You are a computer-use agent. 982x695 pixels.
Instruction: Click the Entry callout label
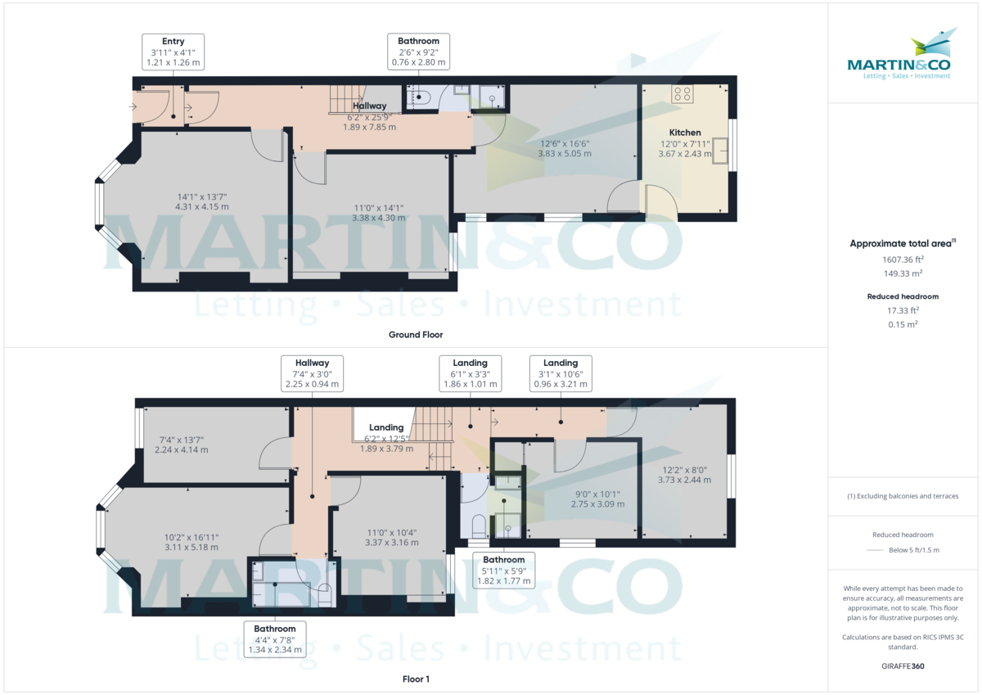(173, 52)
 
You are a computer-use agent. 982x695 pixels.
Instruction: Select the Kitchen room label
(685, 133)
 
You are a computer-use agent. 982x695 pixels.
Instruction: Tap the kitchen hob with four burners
(682, 94)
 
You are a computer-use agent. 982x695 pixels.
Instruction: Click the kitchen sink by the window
(719, 151)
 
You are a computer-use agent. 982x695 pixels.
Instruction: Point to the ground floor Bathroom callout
(418, 52)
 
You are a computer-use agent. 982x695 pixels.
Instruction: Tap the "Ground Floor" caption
(416, 335)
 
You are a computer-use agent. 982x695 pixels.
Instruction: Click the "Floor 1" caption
(416, 679)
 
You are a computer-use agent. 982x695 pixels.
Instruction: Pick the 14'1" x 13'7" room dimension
(201, 201)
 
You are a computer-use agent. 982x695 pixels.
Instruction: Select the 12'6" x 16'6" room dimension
(564, 148)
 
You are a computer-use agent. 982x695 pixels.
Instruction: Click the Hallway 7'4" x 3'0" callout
(312, 373)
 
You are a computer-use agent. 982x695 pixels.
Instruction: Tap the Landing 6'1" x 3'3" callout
(470, 373)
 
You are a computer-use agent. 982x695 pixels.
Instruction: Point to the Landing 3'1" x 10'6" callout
(561, 373)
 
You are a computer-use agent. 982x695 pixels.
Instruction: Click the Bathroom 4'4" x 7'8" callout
(274, 639)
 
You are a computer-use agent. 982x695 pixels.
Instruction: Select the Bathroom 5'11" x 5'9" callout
(503, 571)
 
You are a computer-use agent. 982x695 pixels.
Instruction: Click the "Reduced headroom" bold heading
(903, 296)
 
